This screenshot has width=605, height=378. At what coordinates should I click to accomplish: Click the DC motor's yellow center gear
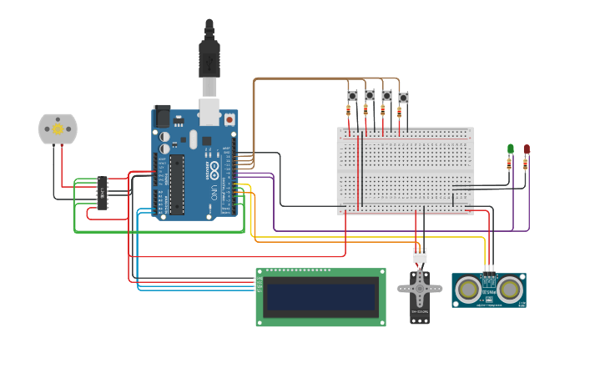coord(58,129)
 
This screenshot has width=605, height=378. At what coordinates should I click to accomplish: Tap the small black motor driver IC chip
coord(103,193)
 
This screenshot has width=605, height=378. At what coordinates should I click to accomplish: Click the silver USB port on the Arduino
coord(209,112)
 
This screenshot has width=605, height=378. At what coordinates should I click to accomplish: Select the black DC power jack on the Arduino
coord(163,115)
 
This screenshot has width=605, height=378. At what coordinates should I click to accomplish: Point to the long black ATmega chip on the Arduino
coord(178,184)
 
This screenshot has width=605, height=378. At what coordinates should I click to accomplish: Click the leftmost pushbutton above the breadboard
coord(352,96)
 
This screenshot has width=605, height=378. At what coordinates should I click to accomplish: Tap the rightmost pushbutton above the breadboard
coord(403,98)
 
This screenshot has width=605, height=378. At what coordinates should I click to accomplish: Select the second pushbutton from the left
coord(370,95)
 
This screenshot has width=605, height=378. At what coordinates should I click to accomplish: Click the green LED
coord(511,149)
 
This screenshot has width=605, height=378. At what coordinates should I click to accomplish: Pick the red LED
coord(527,149)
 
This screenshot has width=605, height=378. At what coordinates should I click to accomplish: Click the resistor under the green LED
coord(509,164)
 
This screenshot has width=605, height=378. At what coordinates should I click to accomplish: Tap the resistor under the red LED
coord(525,164)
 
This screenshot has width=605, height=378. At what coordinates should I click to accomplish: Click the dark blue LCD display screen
coord(320,297)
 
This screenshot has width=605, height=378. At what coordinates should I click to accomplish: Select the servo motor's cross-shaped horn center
coord(419,290)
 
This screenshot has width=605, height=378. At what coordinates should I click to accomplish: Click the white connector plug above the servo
coord(419,255)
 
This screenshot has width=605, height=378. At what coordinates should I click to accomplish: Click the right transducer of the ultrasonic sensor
coord(508,289)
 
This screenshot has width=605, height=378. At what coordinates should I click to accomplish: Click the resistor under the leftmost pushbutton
coord(349,111)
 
